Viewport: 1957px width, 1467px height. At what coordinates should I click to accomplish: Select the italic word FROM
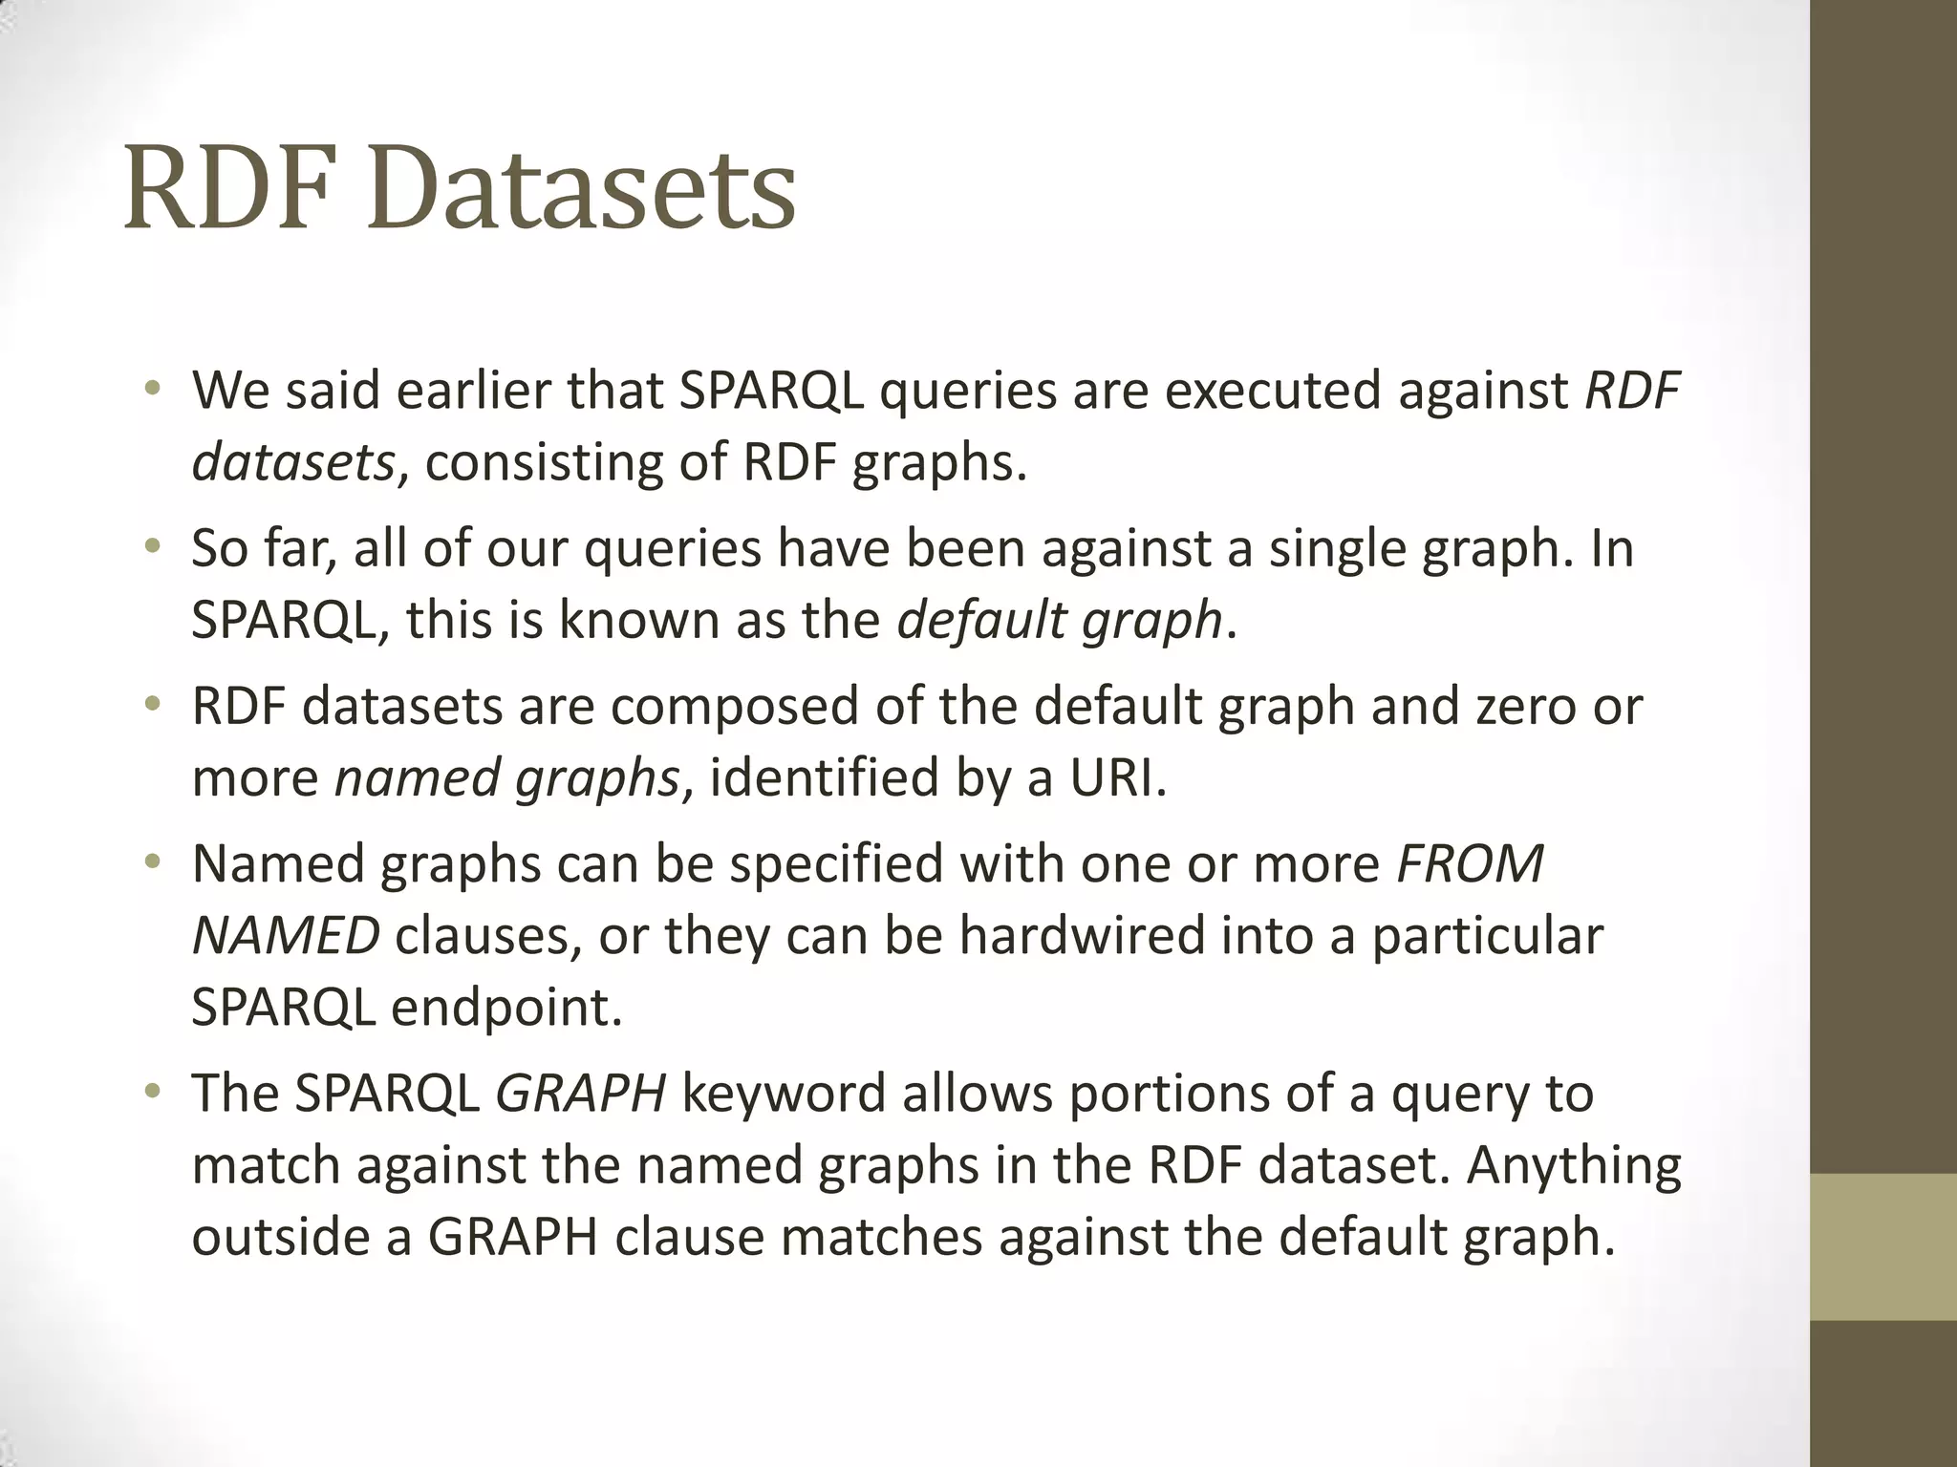click(1470, 864)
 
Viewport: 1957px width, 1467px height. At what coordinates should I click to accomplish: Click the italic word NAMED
click(286, 936)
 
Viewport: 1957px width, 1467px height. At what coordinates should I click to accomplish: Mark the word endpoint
click(506, 1008)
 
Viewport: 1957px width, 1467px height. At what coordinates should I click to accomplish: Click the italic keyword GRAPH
click(580, 1095)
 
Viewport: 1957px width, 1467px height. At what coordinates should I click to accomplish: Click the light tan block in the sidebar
click(1883, 1246)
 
